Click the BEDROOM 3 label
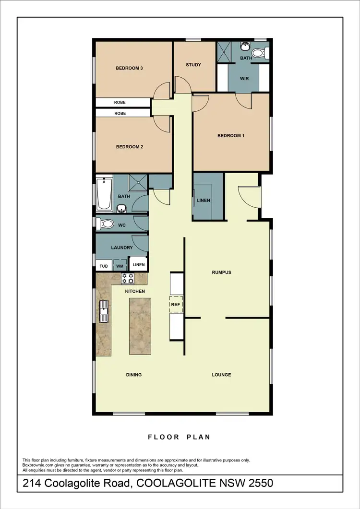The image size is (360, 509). click(x=129, y=68)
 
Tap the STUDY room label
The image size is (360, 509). click(x=193, y=65)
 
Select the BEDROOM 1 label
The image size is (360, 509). click(x=231, y=136)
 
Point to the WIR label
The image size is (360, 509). click(x=244, y=78)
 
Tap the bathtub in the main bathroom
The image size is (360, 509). click(x=104, y=194)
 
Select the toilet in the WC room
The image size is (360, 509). click(x=105, y=224)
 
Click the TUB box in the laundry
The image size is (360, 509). click(x=103, y=266)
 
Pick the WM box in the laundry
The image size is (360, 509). click(x=120, y=266)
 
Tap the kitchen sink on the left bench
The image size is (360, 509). click(x=103, y=311)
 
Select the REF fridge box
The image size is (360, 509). click(x=175, y=304)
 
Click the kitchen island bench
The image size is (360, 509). click(x=140, y=326)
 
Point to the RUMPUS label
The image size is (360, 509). click(x=222, y=272)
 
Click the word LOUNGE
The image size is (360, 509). click(x=222, y=375)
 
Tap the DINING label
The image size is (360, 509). click(x=134, y=375)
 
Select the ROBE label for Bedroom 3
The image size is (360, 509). click(x=120, y=103)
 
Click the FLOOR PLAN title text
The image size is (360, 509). click(x=180, y=437)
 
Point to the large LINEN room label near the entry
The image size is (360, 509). click(x=203, y=201)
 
